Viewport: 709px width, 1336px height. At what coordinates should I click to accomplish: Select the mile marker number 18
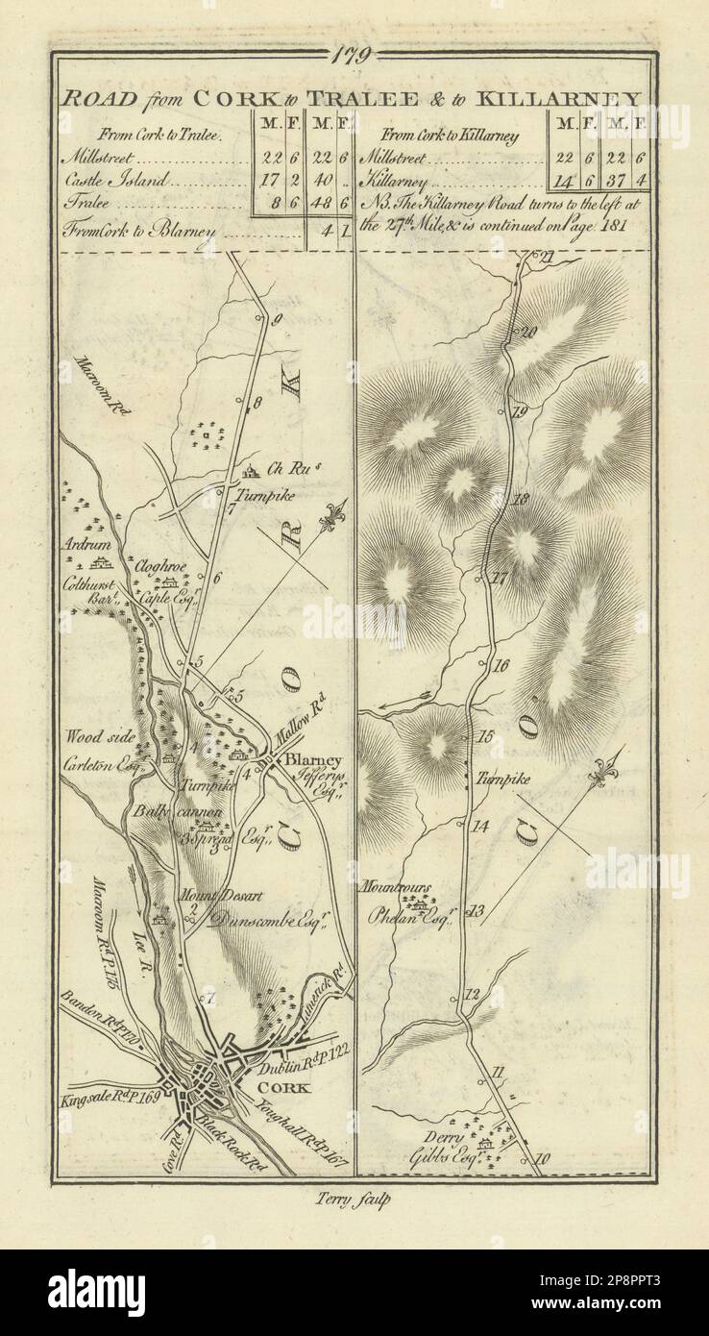point(522,500)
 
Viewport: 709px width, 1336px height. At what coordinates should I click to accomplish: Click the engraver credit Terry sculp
point(354,1198)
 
